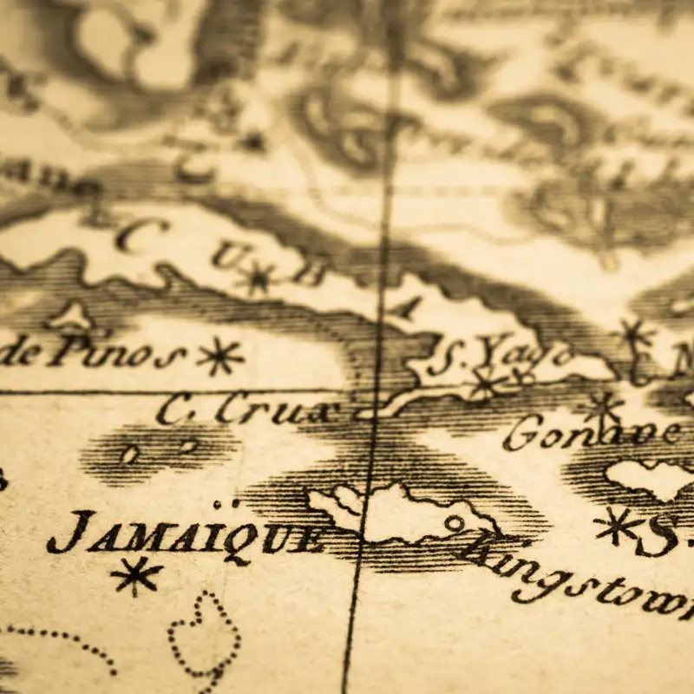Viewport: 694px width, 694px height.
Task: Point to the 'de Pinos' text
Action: [x=91, y=351]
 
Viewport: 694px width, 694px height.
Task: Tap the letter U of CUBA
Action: [x=226, y=255]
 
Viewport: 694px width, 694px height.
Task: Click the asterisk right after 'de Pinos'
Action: [x=219, y=356]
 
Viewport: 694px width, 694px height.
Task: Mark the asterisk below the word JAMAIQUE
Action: [x=136, y=575]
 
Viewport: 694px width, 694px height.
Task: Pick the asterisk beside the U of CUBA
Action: [x=259, y=278]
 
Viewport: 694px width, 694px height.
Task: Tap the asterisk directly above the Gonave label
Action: [x=602, y=405]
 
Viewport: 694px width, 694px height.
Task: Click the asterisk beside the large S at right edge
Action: [x=617, y=525]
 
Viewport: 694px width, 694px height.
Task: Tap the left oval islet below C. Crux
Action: [x=129, y=454]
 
